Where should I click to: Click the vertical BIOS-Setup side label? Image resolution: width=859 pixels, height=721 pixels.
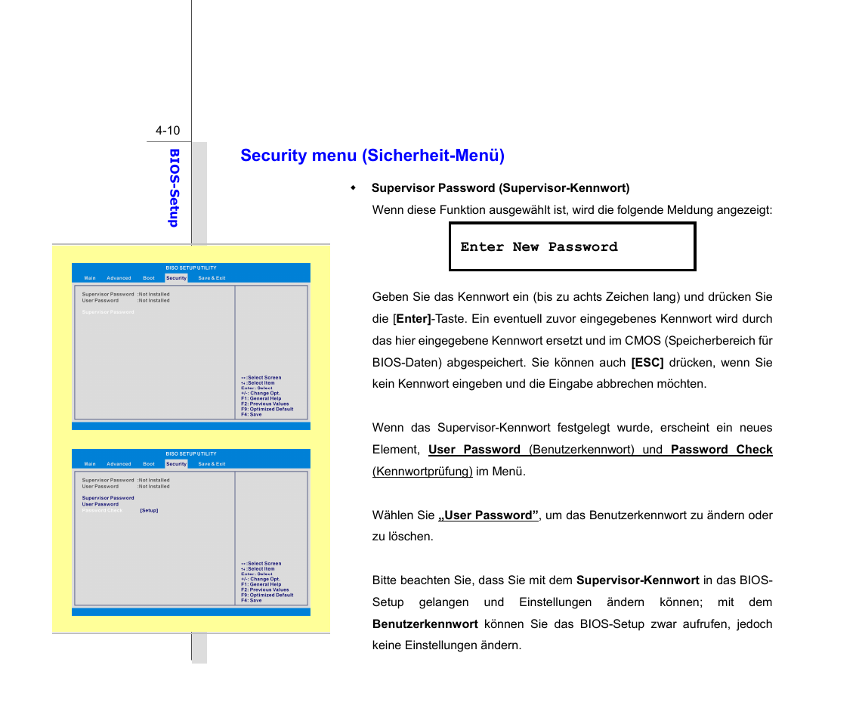pos(174,187)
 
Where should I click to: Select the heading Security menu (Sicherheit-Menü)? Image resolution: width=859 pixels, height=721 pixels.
pos(372,156)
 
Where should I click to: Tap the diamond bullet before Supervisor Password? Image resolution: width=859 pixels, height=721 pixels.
pos(353,187)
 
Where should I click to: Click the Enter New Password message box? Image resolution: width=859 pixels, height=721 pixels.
pos(572,247)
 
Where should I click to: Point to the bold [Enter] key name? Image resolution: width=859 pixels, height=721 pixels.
pos(413,319)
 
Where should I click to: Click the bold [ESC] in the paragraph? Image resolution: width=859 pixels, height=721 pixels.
pos(647,363)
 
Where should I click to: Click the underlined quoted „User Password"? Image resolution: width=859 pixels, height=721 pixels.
pos(488,515)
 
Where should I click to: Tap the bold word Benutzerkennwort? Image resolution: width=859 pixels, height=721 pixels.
pos(425,624)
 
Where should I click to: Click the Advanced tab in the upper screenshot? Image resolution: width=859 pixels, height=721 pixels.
pos(119,278)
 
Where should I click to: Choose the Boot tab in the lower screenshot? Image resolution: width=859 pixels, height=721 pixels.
pos(149,464)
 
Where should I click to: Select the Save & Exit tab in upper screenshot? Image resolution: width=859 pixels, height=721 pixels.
pos(212,278)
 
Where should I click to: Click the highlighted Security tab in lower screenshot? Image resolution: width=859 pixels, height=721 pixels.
pos(176,464)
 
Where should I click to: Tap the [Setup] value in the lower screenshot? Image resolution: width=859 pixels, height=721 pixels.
pos(149,511)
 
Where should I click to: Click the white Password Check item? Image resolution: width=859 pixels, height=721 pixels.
pos(102,511)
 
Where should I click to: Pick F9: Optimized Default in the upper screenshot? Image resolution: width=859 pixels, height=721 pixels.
pos(267,409)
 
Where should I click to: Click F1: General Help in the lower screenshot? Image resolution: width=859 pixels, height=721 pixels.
pos(261,584)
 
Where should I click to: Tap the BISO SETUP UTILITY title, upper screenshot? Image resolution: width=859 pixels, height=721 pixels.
pos(191,268)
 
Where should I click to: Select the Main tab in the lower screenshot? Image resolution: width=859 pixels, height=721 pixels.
pos(90,464)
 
